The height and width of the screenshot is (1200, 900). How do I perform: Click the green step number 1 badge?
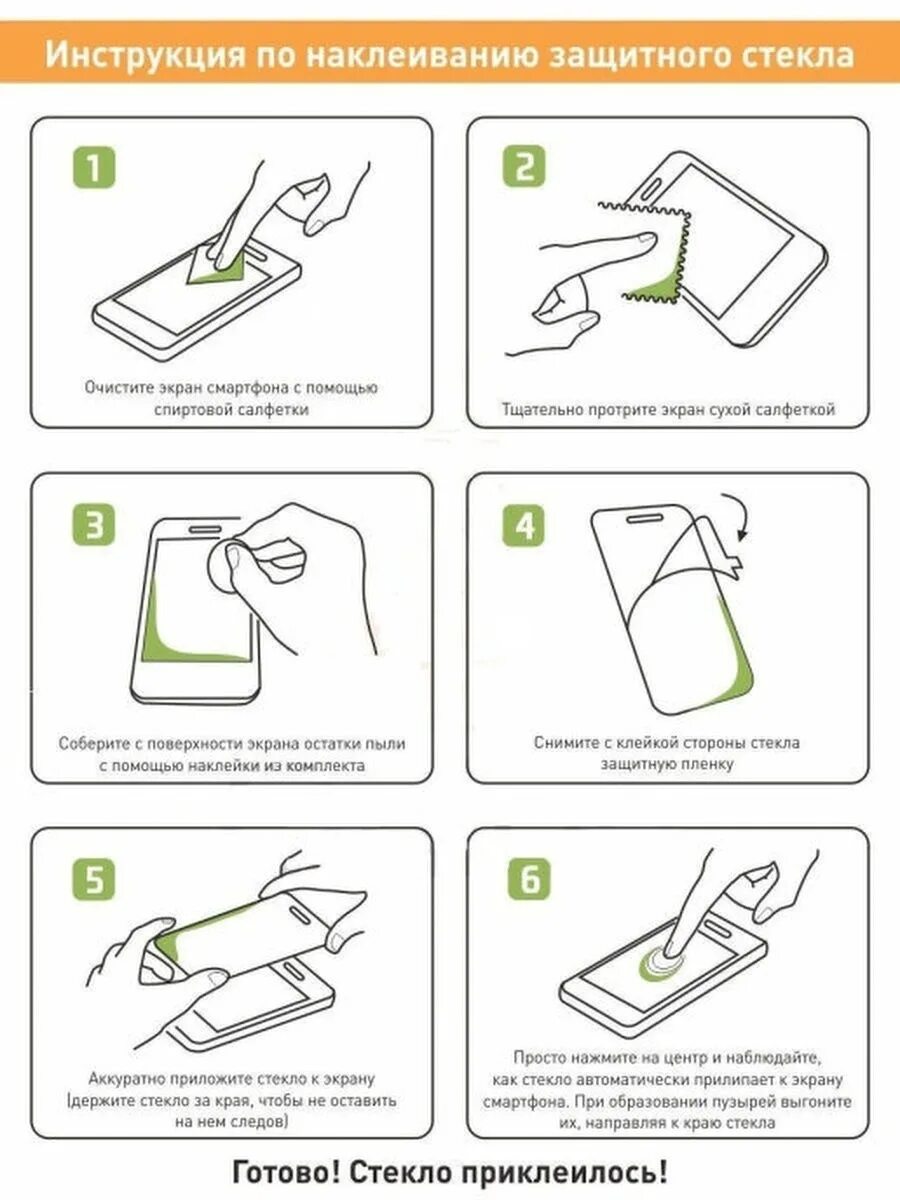94,168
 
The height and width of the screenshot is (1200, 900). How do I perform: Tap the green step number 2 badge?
523,166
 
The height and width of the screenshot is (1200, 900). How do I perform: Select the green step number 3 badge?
94,524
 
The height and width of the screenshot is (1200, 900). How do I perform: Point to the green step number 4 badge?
523,525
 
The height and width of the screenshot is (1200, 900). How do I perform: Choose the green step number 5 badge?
94,879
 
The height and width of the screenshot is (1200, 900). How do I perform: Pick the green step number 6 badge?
530,879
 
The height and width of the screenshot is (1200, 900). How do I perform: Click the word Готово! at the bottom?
287,1172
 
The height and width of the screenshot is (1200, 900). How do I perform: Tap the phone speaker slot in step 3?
205,529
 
